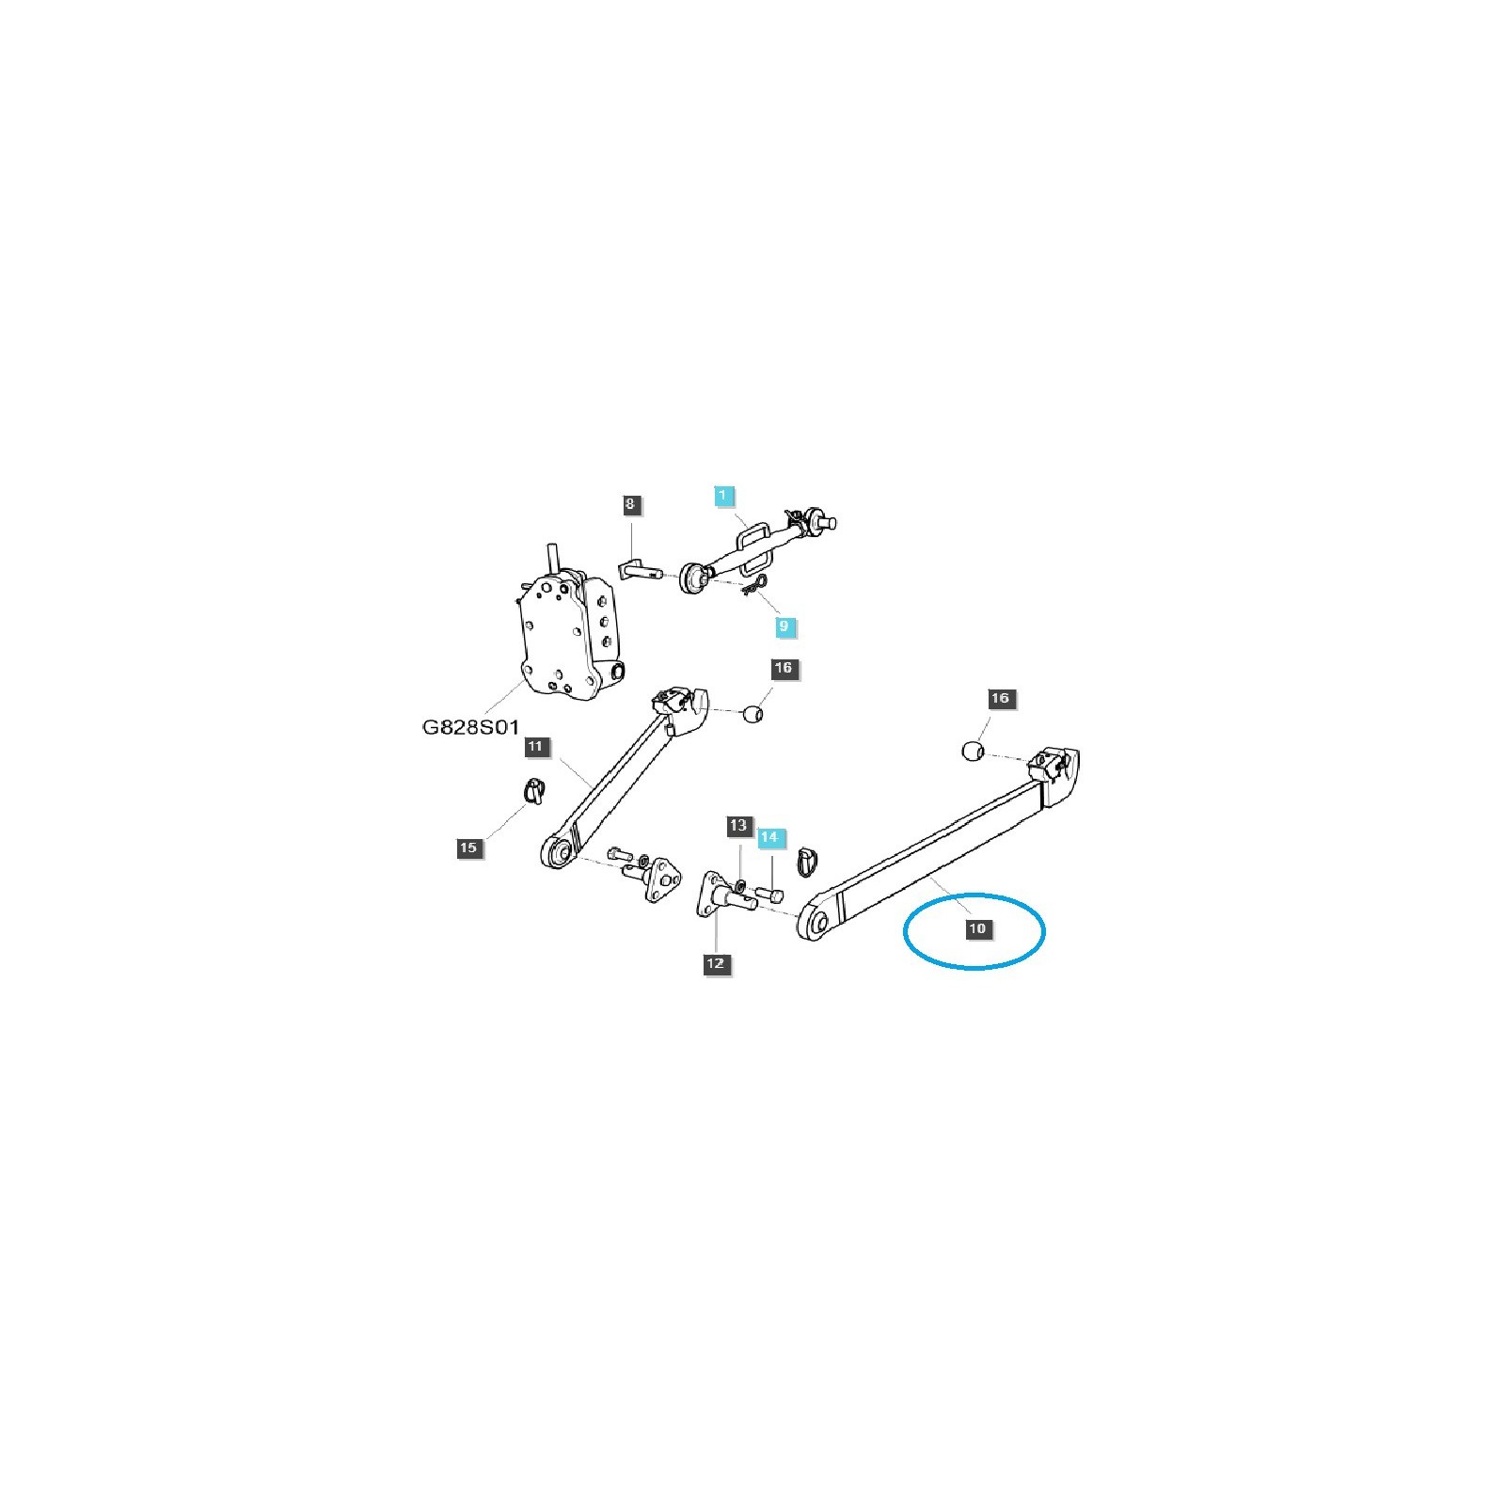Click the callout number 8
(x=629, y=504)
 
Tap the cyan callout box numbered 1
(x=723, y=496)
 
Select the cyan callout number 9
(x=785, y=626)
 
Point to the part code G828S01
(x=470, y=727)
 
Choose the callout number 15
(x=467, y=848)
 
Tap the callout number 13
(x=738, y=826)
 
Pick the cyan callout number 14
(x=769, y=836)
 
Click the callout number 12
(x=716, y=963)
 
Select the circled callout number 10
(x=977, y=928)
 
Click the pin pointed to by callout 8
(x=640, y=570)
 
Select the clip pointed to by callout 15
(x=533, y=792)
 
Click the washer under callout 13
(x=740, y=884)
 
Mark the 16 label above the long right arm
(x=999, y=698)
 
